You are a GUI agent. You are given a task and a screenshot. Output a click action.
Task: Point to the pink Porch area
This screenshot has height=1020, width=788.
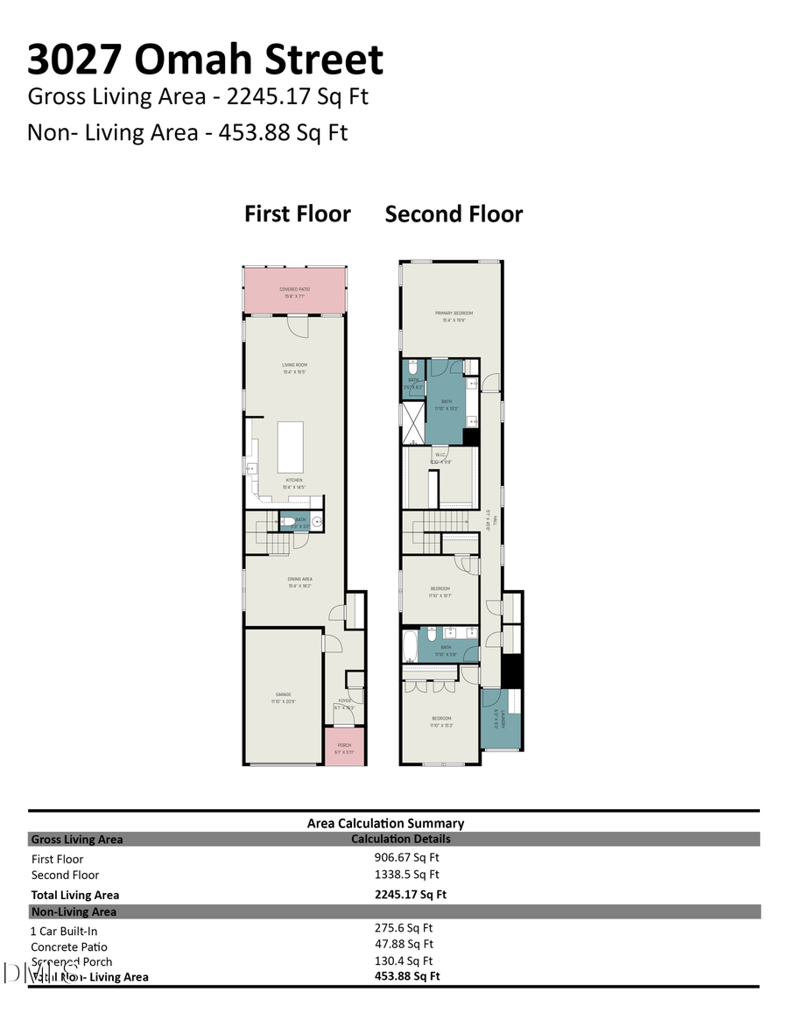point(344,746)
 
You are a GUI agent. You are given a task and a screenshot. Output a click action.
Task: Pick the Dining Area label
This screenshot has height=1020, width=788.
point(299,579)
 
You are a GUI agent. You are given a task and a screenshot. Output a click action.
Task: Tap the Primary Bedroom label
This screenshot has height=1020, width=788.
point(454,313)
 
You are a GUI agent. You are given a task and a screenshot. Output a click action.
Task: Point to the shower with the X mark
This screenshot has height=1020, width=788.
point(412,423)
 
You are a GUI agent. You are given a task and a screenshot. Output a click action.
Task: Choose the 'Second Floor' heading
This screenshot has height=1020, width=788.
point(454,215)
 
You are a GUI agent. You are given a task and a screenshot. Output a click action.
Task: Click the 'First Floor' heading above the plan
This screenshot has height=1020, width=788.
point(297,215)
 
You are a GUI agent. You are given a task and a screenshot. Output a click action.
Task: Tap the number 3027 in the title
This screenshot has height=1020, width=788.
point(74,60)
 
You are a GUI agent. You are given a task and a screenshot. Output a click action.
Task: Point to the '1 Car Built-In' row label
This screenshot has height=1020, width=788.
point(64,931)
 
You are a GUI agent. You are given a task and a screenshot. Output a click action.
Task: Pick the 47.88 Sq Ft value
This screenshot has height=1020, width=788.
point(404,944)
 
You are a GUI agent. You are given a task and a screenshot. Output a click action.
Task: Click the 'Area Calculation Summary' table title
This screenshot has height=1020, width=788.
point(385,823)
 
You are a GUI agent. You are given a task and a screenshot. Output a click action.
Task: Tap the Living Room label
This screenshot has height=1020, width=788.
point(294,365)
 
